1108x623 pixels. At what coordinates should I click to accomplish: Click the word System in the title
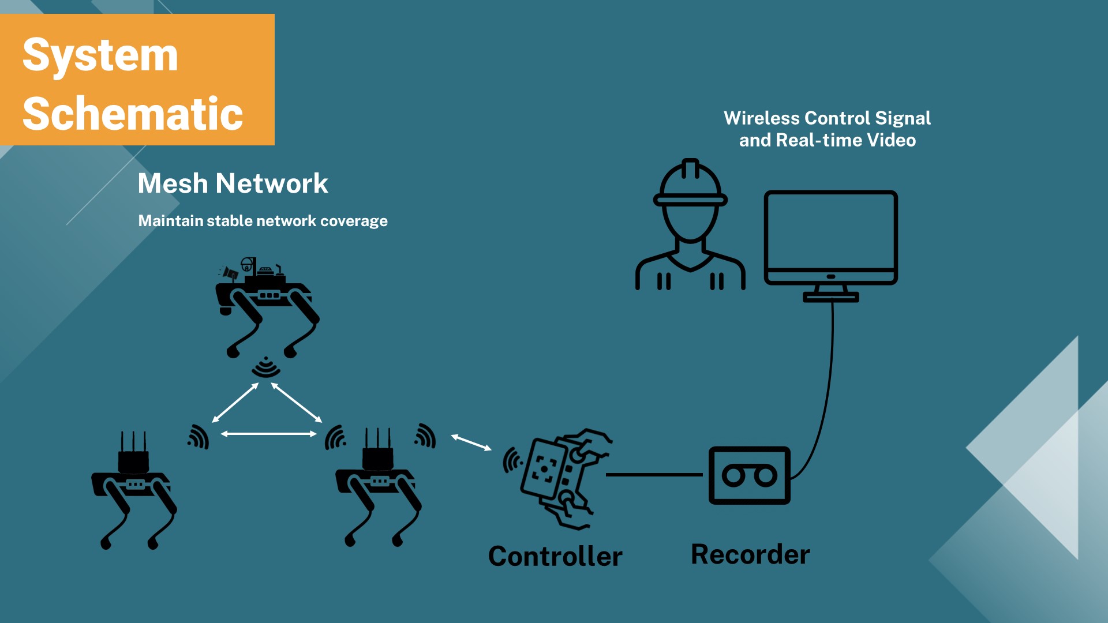point(100,55)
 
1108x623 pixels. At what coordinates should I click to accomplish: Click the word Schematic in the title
point(133,114)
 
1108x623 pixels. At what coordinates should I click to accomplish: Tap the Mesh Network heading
point(233,183)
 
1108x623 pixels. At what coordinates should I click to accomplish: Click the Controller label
point(555,556)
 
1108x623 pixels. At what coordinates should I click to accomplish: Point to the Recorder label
point(750,554)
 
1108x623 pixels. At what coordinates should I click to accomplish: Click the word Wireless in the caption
point(761,118)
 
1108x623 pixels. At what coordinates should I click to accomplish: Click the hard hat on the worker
point(690,183)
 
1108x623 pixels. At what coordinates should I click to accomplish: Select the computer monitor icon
point(830,242)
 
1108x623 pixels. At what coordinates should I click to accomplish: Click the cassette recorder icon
point(749,475)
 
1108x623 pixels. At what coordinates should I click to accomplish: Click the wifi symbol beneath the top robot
point(266,367)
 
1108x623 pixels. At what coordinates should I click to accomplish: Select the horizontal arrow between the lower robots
point(269,434)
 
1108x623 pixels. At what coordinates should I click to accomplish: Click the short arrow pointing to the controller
point(471,442)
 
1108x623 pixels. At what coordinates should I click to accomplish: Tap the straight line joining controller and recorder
point(654,475)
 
